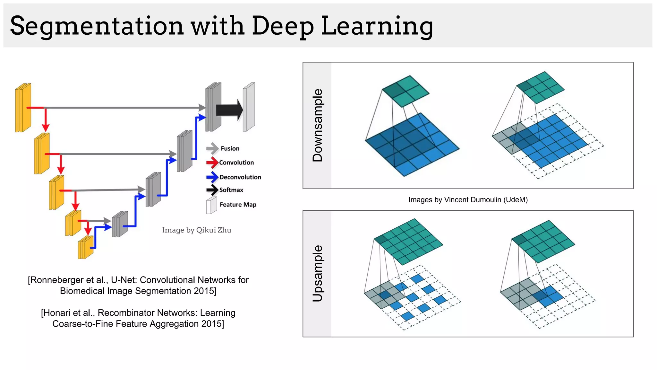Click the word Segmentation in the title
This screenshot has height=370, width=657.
(x=96, y=26)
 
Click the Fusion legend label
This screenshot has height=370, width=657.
(x=230, y=148)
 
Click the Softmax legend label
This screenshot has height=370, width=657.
(x=231, y=190)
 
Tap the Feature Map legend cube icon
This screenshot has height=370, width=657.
(x=211, y=206)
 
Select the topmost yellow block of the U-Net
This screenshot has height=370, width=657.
(x=23, y=108)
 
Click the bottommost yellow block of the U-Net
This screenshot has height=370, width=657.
(x=86, y=247)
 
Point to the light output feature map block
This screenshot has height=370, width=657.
(x=249, y=107)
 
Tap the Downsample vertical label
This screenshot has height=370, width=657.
(x=317, y=125)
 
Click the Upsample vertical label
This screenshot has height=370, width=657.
(x=317, y=273)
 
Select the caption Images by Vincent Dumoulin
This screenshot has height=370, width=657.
(x=468, y=200)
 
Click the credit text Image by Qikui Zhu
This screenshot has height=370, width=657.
(x=196, y=230)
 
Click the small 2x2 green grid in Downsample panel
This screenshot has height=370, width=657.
(x=405, y=91)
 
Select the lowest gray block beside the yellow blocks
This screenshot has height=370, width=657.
(x=120, y=224)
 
